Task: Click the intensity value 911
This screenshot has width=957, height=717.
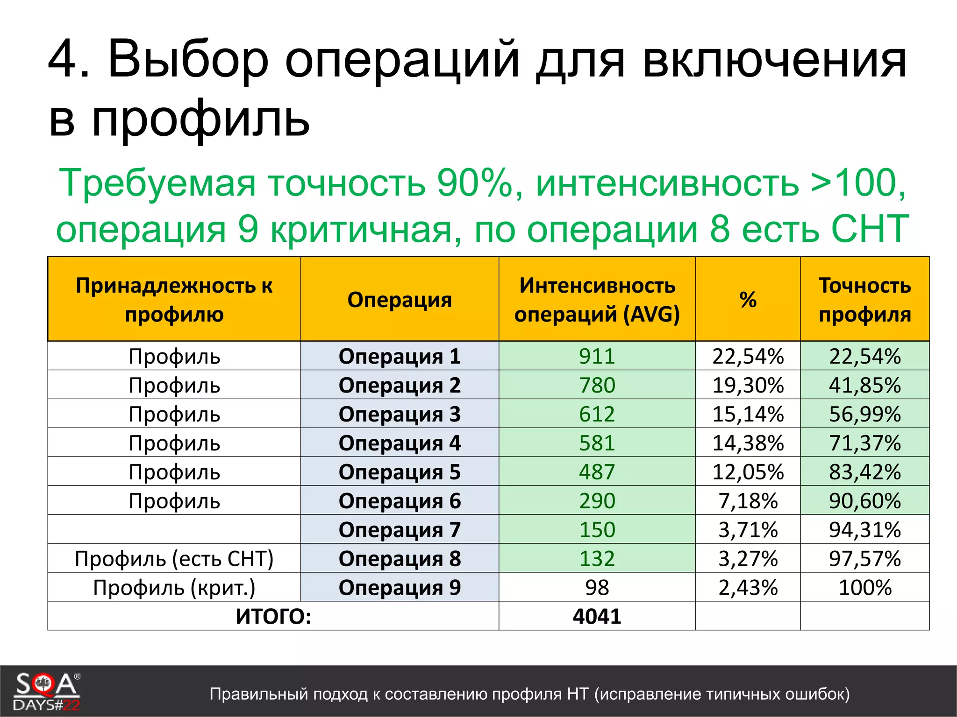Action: (x=597, y=356)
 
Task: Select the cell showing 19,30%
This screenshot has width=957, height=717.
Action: (x=748, y=385)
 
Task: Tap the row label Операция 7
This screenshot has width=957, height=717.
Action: (x=400, y=530)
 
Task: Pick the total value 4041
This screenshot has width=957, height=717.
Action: (x=597, y=616)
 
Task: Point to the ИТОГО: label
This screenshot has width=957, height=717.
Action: (x=273, y=616)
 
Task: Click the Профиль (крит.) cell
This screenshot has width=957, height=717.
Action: (x=174, y=587)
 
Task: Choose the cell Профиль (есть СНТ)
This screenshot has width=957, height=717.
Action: (x=174, y=558)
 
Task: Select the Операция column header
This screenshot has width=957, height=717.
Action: (x=400, y=300)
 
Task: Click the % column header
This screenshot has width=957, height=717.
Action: (x=748, y=300)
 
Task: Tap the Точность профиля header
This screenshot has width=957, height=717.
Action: (x=864, y=300)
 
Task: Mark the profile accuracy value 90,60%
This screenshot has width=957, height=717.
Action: (x=864, y=501)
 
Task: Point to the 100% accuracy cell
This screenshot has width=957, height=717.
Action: (x=864, y=587)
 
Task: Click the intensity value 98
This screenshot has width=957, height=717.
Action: (x=597, y=587)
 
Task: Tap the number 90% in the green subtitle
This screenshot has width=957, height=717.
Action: (x=475, y=183)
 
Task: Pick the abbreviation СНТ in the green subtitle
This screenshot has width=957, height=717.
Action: (x=869, y=229)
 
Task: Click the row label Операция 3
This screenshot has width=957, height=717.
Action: (x=400, y=414)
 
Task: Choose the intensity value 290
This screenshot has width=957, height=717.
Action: (x=597, y=501)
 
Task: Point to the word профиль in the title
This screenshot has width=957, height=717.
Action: (x=201, y=119)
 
